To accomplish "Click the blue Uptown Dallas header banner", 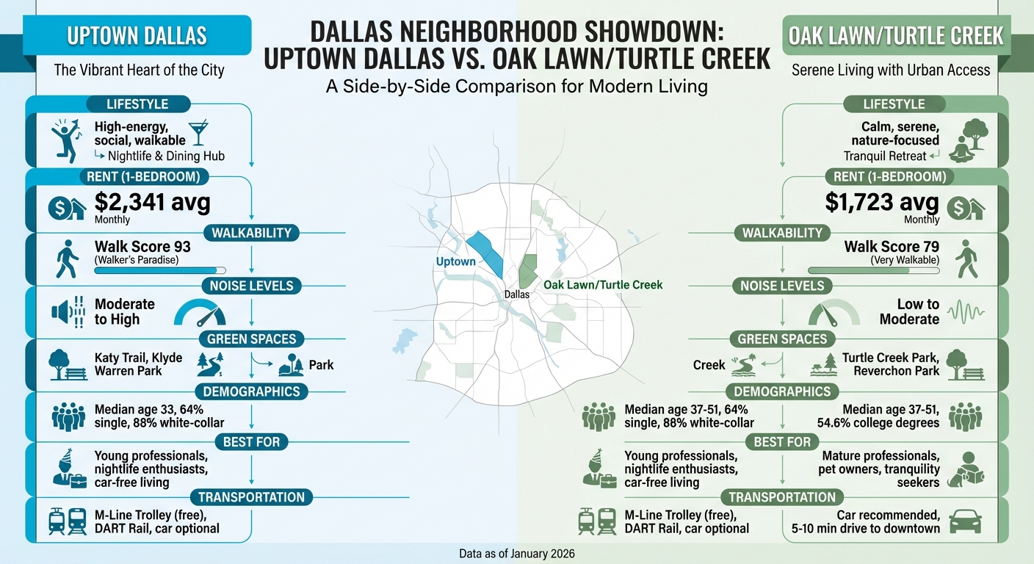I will pos(137,35).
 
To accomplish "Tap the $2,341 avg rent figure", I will pos(153,202).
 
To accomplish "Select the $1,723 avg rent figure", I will pos(881,202).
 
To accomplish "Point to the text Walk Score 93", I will pos(142,247).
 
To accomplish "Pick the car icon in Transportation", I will pos(964,521).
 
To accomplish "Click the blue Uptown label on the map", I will pos(456,262).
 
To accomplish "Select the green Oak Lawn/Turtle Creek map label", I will pos(603,284).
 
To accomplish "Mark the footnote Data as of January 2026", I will pos(516,552).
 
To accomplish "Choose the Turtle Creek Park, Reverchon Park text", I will pos(891,364).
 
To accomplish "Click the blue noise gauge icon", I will pos(200,313).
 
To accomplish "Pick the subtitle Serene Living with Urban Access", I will pos(891,70).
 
